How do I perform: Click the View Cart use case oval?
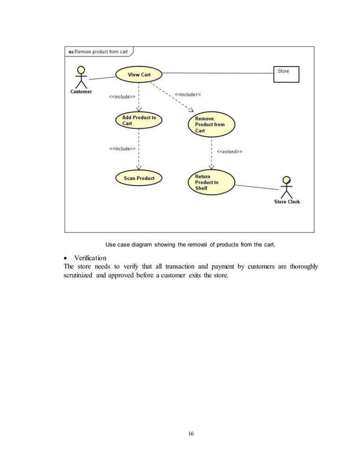coord(139,74)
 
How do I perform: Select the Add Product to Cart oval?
coord(139,120)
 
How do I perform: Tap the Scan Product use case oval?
coord(139,178)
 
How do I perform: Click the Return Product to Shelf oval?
coord(210,182)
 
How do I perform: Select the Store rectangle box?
coord(287,74)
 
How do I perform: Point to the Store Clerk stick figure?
coord(287,187)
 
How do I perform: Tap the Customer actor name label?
coord(81,92)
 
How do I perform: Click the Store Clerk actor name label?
coord(287,202)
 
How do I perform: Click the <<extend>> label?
coord(230,151)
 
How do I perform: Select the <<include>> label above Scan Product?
coord(122,149)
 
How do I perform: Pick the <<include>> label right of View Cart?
coord(187,94)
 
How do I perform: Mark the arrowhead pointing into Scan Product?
coord(139,168)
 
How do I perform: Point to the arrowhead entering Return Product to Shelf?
coord(211,167)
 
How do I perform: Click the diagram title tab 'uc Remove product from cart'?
coord(98,52)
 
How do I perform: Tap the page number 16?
coord(191,433)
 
